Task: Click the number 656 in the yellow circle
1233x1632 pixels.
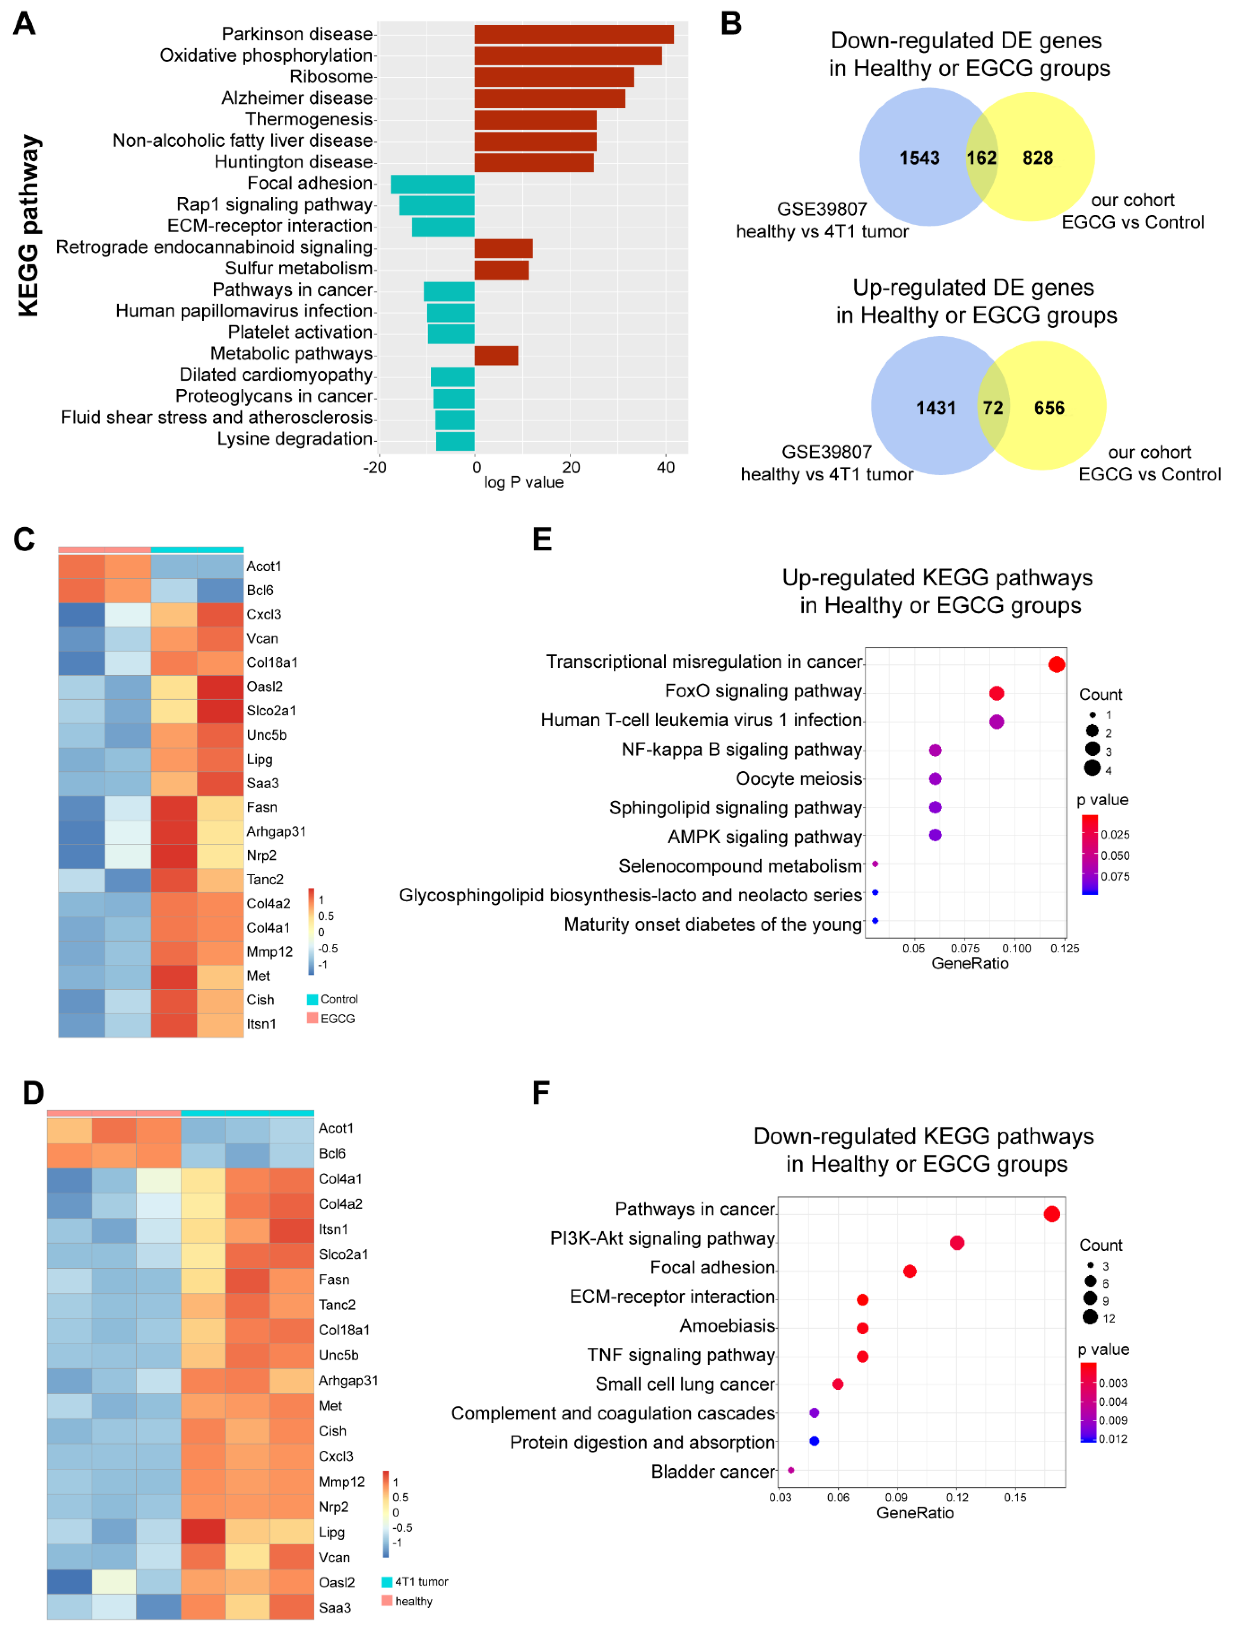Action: [x=1048, y=408]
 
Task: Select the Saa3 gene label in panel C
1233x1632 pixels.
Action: [x=262, y=783]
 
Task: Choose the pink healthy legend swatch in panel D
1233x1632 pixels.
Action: [x=387, y=1600]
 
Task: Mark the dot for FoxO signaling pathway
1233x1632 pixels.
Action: [x=996, y=693]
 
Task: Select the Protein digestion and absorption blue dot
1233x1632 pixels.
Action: [x=814, y=1441]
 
